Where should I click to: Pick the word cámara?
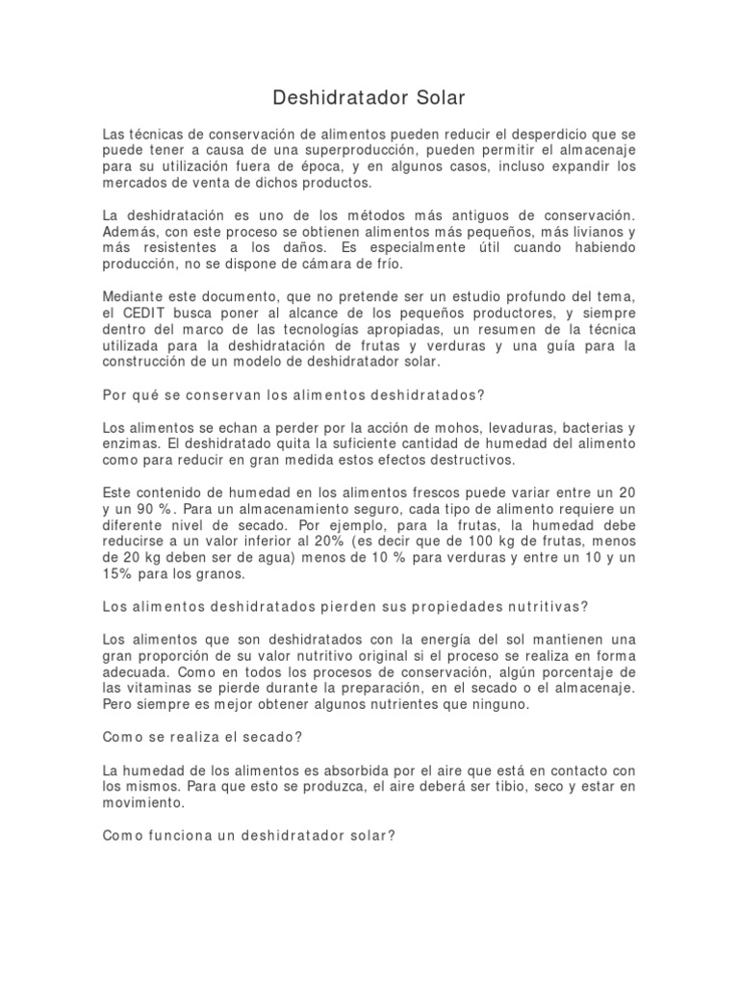(325, 264)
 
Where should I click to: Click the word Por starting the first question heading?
(115, 394)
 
